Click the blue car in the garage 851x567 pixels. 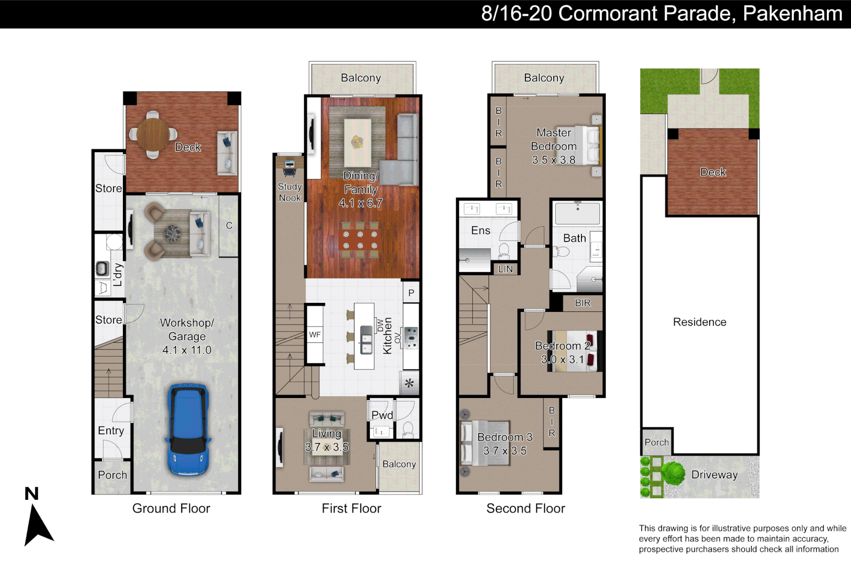(x=188, y=430)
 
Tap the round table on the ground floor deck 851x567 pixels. (x=153, y=134)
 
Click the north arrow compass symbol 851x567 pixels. (x=38, y=524)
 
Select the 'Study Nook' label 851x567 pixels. (x=289, y=192)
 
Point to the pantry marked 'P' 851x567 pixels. (x=411, y=293)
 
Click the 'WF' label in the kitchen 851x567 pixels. (x=315, y=334)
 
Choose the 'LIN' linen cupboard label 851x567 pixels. (x=505, y=269)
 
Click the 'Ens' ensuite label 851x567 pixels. (x=481, y=230)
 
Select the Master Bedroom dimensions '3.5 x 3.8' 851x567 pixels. (x=554, y=160)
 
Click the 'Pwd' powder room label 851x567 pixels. (x=382, y=415)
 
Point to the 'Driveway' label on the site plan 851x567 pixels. (x=714, y=475)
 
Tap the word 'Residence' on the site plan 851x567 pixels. (x=699, y=322)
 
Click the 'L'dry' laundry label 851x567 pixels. (x=118, y=274)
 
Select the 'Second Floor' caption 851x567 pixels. (x=525, y=508)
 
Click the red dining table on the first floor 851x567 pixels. (x=360, y=240)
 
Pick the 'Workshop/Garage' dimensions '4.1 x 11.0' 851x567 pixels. (x=186, y=350)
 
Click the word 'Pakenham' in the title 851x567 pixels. (x=793, y=14)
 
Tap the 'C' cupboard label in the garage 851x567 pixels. (x=229, y=226)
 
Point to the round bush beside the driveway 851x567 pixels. (x=673, y=474)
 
